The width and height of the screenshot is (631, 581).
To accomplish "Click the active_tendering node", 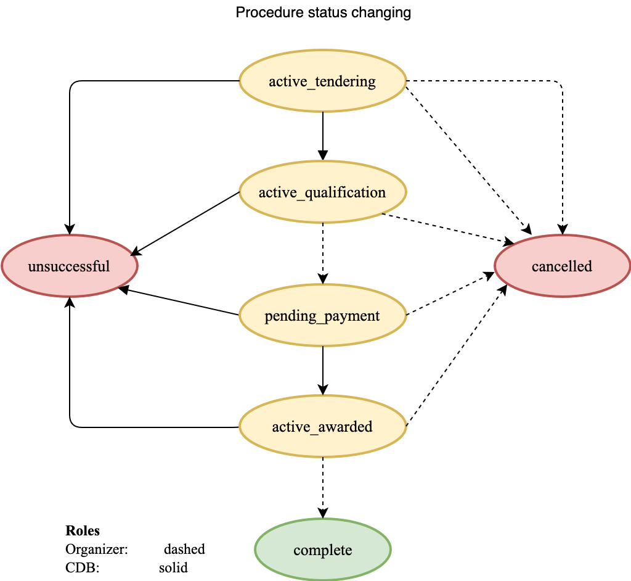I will (x=322, y=81).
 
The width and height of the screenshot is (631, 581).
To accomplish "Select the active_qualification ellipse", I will (x=322, y=192).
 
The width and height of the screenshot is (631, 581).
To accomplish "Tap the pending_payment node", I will (x=322, y=316).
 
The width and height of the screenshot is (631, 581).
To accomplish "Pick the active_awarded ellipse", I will (x=322, y=427).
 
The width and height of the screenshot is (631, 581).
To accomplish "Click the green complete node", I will (x=322, y=550).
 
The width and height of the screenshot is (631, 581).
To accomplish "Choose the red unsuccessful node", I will (x=69, y=266).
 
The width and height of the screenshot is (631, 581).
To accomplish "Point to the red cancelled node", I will (x=562, y=266).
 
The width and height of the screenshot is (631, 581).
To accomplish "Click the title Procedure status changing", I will (x=324, y=12).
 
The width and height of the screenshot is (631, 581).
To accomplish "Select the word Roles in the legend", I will (x=83, y=531).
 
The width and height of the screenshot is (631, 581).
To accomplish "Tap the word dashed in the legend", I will (x=184, y=549).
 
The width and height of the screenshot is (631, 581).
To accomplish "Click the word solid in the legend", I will (x=173, y=567).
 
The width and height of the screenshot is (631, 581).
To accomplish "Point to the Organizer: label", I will (x=96, y=549).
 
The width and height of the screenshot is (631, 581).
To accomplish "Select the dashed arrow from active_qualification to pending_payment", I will (x=322, y=253).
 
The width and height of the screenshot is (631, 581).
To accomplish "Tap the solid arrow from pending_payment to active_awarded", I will (x=322, y=369).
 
